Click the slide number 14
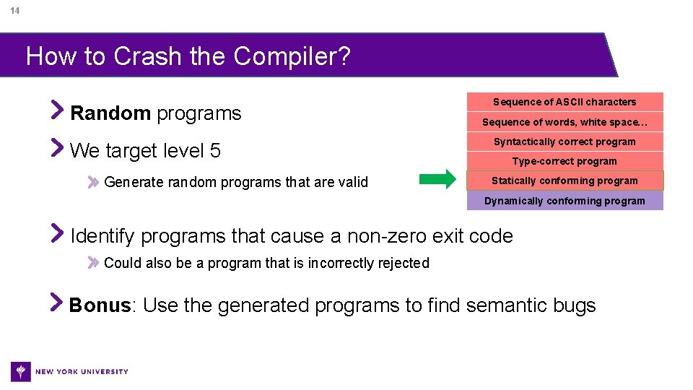point(15,11)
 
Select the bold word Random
point(110,113)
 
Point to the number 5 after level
point(215,151)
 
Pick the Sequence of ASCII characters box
point(565,102)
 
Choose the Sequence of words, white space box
point(565,122)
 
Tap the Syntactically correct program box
point(565,142)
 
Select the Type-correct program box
point(565,161)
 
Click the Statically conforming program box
point(565,181)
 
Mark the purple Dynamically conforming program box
point(565,201)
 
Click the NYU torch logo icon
point(21,371)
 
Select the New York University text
point(82,371)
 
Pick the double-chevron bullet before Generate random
point(93,183)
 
